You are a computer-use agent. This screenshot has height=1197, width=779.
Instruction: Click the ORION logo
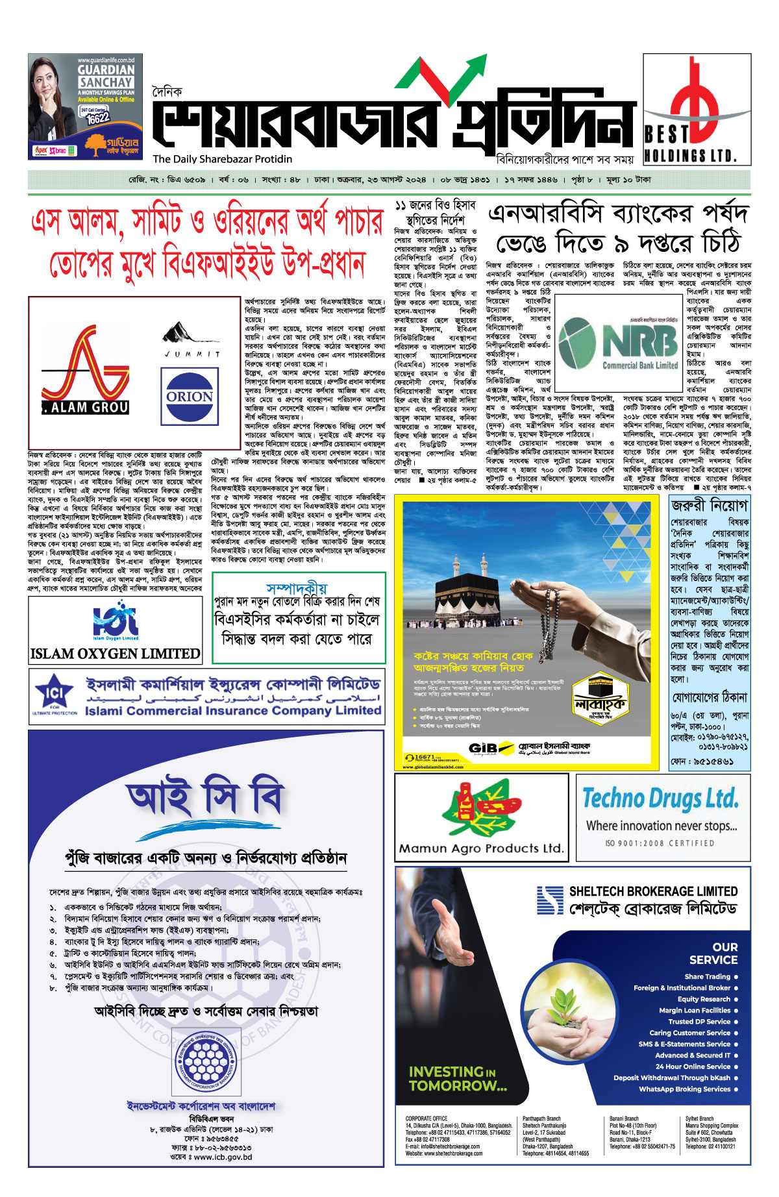click(x=190, y=396)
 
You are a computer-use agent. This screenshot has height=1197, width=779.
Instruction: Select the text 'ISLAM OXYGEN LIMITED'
click(x=115, y=654)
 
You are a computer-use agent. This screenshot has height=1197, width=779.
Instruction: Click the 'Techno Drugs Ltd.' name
click(x=660, y=798)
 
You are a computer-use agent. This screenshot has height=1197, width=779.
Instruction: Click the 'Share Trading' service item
click(x=707, y=976)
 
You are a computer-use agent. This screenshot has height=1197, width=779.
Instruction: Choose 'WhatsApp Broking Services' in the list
click(x=684, y=1089)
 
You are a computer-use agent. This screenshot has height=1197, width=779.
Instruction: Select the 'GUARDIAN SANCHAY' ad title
click(x=106, y=76)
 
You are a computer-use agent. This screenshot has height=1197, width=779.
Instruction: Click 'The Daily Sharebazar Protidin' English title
click(x=223, y=159)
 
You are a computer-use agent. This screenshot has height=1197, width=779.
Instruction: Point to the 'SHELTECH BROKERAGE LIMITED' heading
click(x=653, y=891)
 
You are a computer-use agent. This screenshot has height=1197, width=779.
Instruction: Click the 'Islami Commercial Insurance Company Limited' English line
click(x=232, y=710)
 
